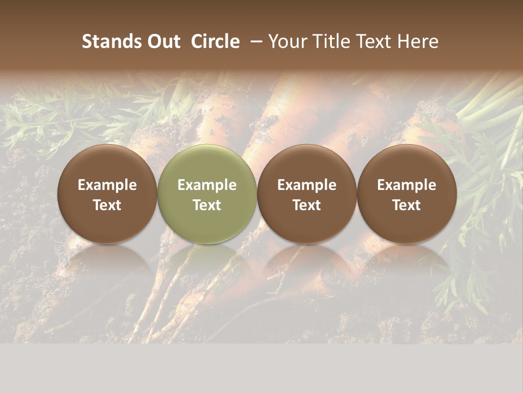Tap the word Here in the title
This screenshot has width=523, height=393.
pyautogui.click(x=418, y=41)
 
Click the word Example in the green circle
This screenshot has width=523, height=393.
pyautogui.click(x=207, y=185)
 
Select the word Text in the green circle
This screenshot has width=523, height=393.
pyautogui.click(x=207, y=205)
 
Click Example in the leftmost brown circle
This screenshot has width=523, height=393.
pyautogui.click(x=107, y=185)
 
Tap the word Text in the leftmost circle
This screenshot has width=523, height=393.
pyautogui.click(x=107, y=205)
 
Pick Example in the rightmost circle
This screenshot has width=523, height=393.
pyautogui.click(x=407, y=185)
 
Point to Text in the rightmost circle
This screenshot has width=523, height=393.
pyautogui.click(x=407, y=205)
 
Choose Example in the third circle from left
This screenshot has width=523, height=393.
pyautogui.click(x=307, y=185)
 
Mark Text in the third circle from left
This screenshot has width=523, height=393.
pyautogui.click(x=307, y=205)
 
